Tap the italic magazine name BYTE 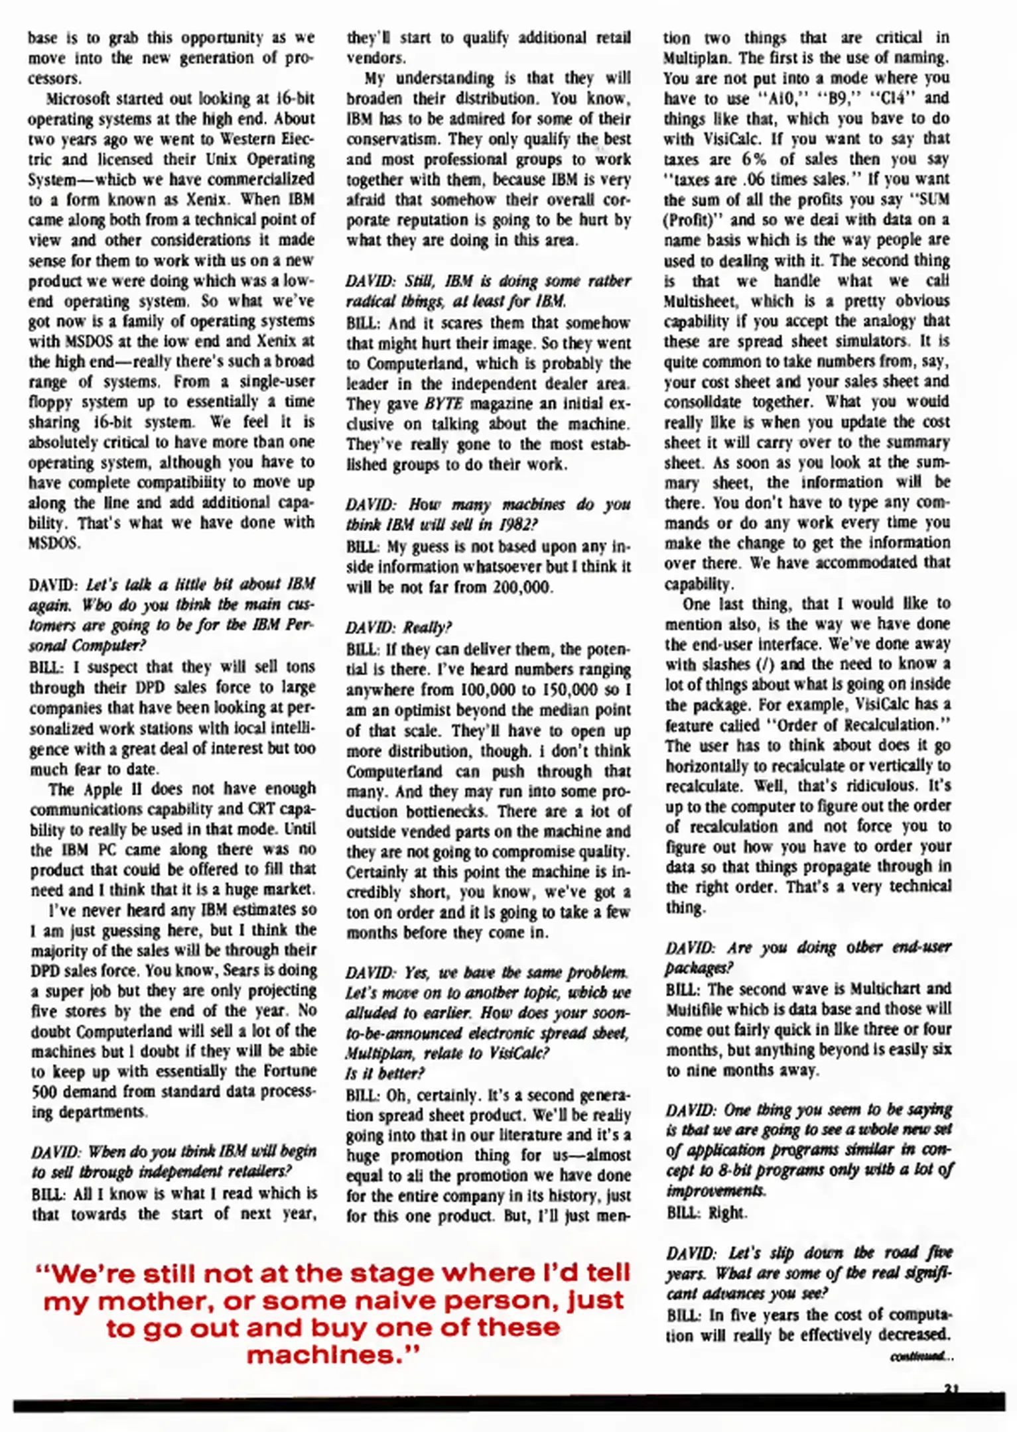443,404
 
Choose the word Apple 103,789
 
